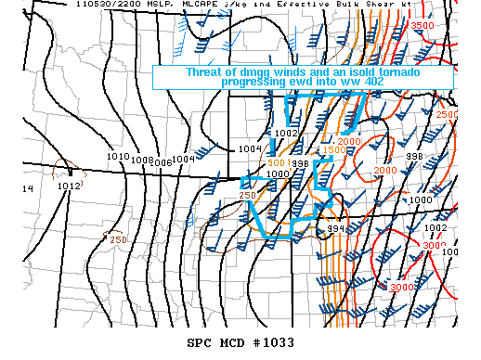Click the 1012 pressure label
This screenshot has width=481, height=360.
[x=69, y=186]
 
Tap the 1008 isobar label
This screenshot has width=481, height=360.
[x=140, y=160]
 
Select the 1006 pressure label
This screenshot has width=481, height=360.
[x=162, y=162]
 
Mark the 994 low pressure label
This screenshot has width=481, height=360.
[x=335, y=228]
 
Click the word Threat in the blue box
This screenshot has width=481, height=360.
[x=206, y=72]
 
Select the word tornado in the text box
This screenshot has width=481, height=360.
[x=401, y=72]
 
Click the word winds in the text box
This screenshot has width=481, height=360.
[x=295, y=72]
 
